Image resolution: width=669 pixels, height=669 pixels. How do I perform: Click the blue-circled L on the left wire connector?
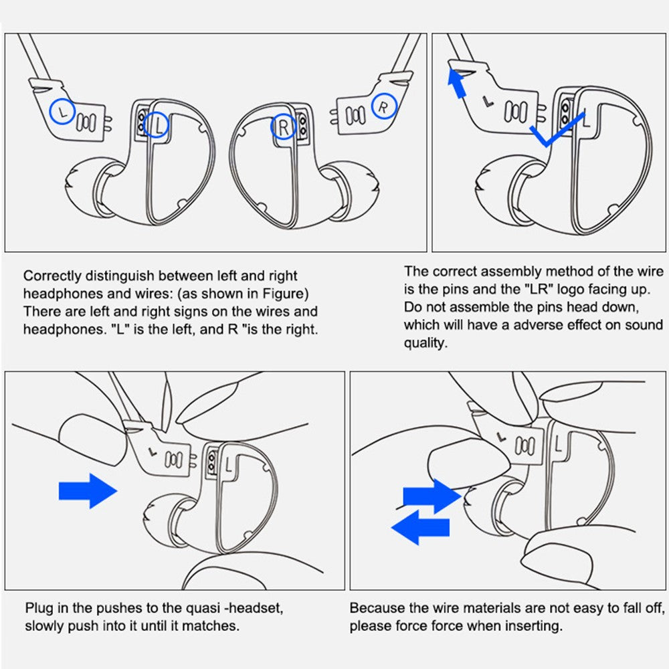click(x=63, y=112)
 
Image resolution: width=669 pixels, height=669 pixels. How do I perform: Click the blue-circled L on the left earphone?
click(x=157, y=125)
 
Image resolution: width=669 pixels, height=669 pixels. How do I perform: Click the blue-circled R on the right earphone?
click(x=283, y=126)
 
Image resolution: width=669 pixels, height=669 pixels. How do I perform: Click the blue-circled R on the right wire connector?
click(x=383, y=106)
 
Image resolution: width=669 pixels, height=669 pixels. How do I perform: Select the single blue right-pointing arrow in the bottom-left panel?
click(x=88, y=491)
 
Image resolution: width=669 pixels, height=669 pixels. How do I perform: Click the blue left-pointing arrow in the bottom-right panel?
click(x=420, y=528)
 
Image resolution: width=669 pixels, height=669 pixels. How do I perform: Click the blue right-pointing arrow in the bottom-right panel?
click(x=432, y=496)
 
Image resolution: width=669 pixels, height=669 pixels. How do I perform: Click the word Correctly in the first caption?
click(x=52, y=276)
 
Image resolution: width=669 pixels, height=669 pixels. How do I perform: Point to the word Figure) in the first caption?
click(x=286, y=294)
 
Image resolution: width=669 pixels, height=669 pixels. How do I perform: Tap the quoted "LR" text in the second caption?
click(x=538, y=289)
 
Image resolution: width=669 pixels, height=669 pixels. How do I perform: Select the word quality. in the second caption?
click(x=425, y=343)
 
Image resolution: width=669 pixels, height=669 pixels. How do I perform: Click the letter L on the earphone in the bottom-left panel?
click(x=229, y=465)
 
